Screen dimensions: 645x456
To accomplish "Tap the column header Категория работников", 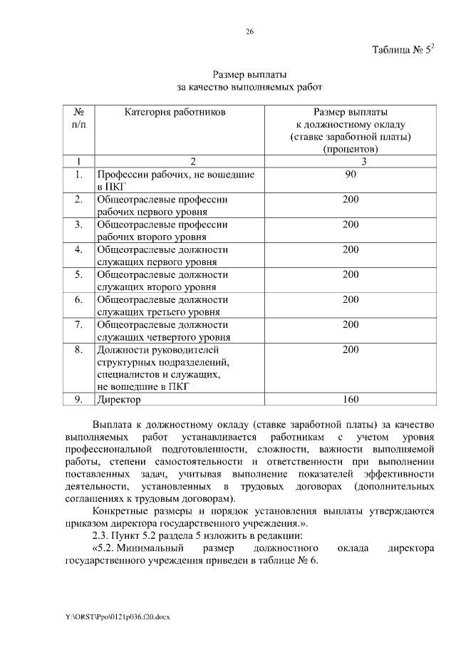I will pyautogui.click(x=175, y=112).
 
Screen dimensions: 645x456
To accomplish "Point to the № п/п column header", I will pyautogui.click(x=79, y=118).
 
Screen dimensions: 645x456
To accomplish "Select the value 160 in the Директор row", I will pyautogui.click(x=350, y=400).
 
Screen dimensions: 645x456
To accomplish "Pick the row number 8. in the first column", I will pyautogui.click(x=79, y=349).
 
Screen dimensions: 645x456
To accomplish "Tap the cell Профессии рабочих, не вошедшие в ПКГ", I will pyautogui.click(x=175, y=180).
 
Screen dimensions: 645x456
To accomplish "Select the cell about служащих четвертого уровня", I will pyautogui.click(x=175, y=331).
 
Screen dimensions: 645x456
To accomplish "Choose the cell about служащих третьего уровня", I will pyautogui.click(x=175, y=305).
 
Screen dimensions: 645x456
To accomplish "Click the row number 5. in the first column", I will pyautogui.click(x=79, y=274).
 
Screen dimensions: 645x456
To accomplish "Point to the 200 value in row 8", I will pyautogui.click(x=350, y=349).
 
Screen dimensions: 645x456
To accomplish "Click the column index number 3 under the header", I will pyautogui.click(x=350, y=161).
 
